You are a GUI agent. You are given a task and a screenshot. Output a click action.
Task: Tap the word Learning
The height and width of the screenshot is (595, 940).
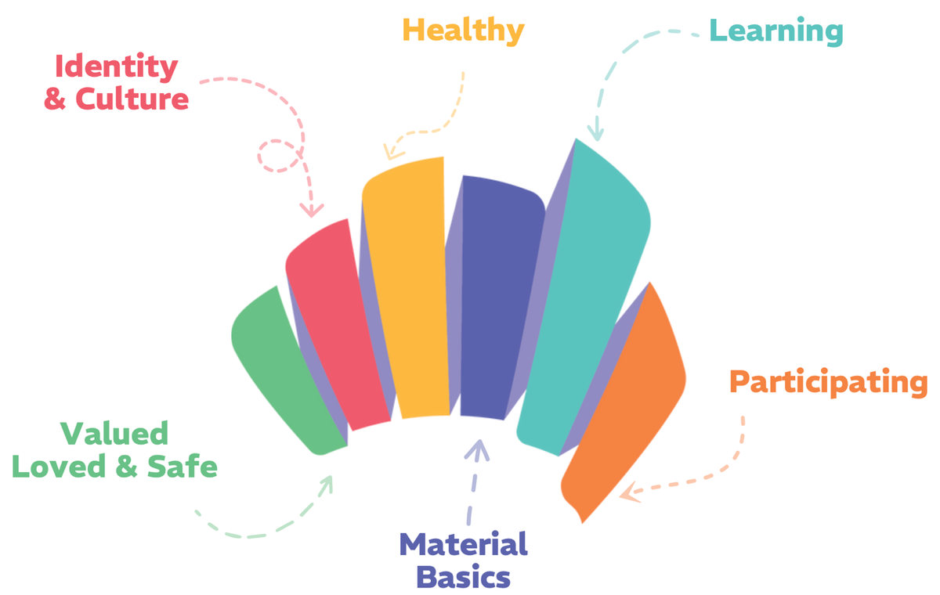tap(775, 31)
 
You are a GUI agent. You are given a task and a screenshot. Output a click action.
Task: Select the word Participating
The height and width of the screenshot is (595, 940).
tap(828, 383)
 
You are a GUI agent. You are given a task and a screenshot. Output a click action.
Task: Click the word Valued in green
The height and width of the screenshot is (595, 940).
tap(114, 434)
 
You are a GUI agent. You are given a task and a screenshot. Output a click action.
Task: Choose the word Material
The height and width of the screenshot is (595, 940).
tap(463, 544)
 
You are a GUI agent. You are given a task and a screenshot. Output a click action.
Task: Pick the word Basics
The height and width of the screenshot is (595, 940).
tap(463, 578)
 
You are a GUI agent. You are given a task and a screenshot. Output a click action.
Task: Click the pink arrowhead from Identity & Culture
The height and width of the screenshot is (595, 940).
tap(312, 210)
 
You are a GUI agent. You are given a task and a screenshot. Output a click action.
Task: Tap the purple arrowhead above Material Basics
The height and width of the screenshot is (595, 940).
tap(477, 448)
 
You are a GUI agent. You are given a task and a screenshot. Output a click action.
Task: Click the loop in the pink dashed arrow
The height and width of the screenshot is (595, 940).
tap(278, 157)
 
